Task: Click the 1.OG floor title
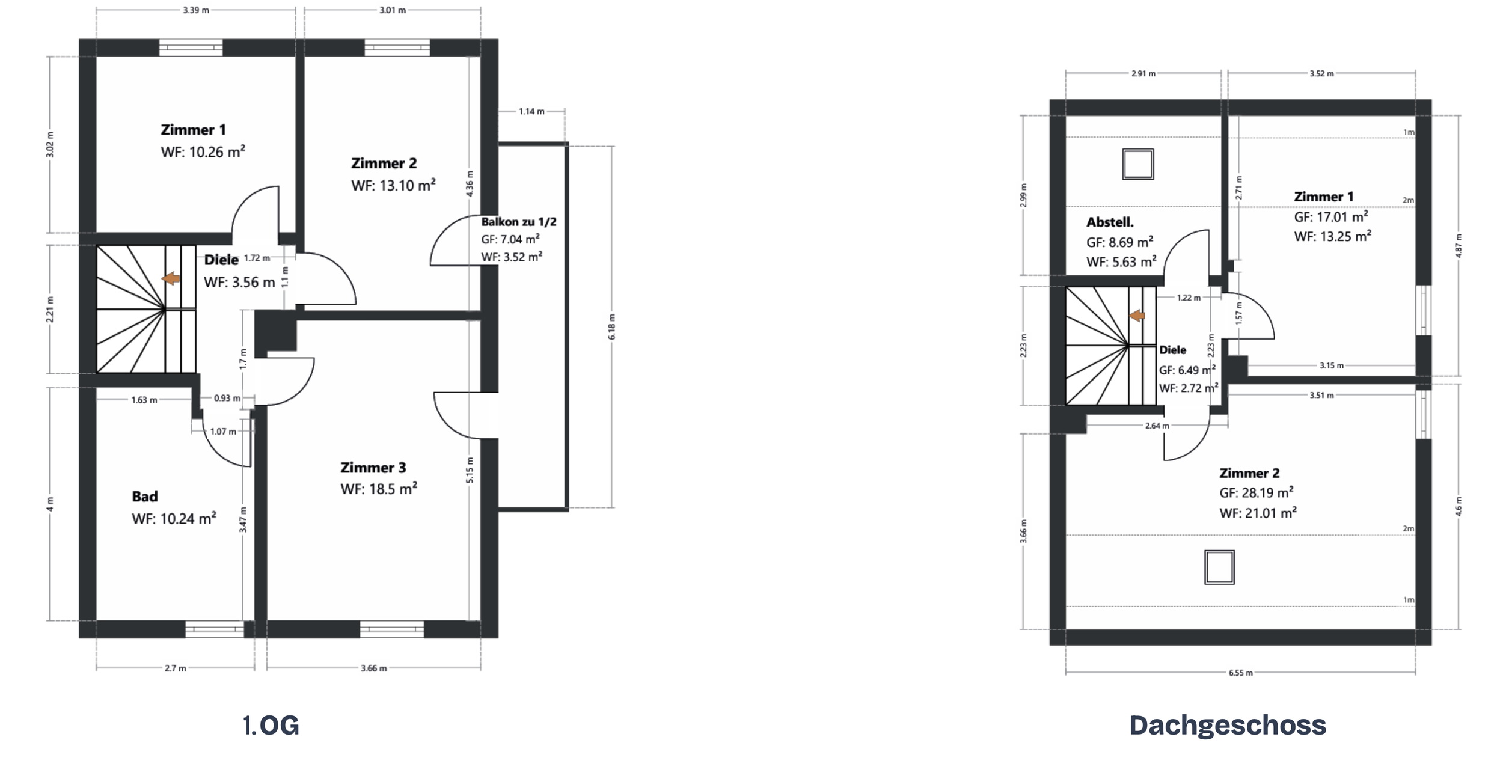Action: click(271, 726)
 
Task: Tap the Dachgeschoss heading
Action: click(1228, 726)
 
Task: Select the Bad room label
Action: click(145, 497)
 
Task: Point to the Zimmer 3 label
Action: click(373, 468)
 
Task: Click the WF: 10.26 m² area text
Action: click(203, 152)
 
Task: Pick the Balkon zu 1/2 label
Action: click(519, 222)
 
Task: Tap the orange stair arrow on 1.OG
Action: click(171, 278)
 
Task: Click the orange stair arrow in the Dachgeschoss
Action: click(1137, 316)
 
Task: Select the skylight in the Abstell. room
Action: click(1137, 164)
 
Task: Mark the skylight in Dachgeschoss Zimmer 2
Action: click(1219, 567)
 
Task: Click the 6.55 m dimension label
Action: click(1240, 673)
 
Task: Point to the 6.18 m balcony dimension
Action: click(612, 326)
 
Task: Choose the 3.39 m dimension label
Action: click(196, 10)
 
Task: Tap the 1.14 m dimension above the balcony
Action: click(531, 111)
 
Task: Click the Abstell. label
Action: click(1110, 222)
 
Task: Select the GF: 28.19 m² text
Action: click(1257, 493)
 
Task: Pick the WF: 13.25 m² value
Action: click(1332, 236)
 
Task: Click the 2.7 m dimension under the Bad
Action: click(176, 668)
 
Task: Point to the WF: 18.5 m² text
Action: click(379, 489)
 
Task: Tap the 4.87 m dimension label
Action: click(1458, 246)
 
